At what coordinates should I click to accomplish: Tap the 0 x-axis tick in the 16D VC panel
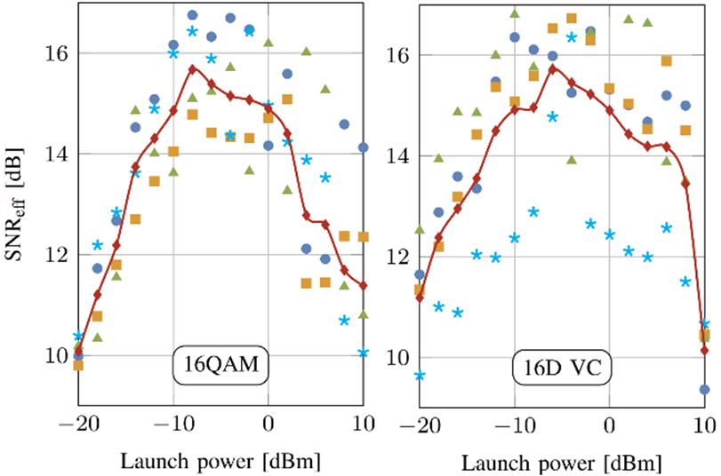coord(609,424)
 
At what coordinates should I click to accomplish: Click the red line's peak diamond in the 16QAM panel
coord(192,67)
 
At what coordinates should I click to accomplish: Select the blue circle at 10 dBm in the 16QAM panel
coord(363,147)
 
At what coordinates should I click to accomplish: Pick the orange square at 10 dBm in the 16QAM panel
coord(363,237)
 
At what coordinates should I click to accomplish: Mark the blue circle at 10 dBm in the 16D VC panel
coord(705,389)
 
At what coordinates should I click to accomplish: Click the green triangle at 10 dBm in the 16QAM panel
coord(363,313)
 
